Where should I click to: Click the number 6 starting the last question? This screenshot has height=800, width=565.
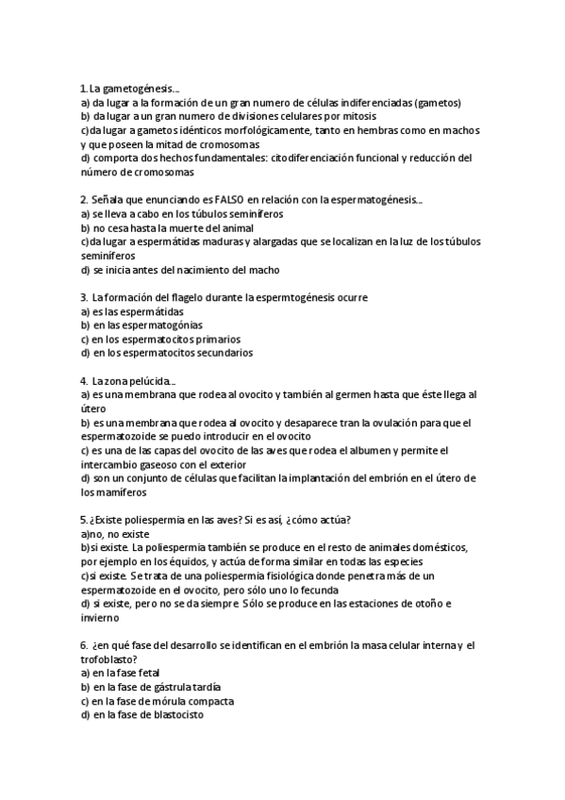pyautogui.click(x=84, y=645)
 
